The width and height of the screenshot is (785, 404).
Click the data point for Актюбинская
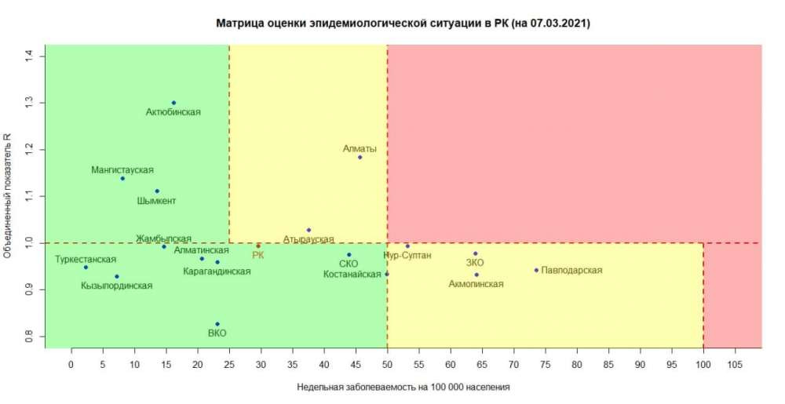(173, 103)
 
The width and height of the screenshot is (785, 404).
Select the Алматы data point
(360, 158)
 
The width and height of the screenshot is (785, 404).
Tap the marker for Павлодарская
(536, 270)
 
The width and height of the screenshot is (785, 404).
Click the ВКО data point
(217, 324)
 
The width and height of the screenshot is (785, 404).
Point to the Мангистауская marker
(122, 179)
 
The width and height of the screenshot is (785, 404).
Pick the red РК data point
(258, 246)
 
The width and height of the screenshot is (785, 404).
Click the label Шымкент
(156, 201)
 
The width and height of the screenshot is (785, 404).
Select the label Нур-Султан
(407, 256)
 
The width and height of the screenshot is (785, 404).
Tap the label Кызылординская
(116, 286)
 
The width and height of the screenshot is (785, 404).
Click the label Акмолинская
(476, 284)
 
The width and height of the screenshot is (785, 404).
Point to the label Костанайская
(352, 274)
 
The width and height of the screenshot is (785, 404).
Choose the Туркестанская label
(86, 259)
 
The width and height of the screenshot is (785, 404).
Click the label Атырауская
(309, 239)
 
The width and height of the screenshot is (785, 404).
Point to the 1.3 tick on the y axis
(29, 103)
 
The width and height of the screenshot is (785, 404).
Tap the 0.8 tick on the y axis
(29, 336)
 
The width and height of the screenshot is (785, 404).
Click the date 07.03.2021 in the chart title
(558, 24)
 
